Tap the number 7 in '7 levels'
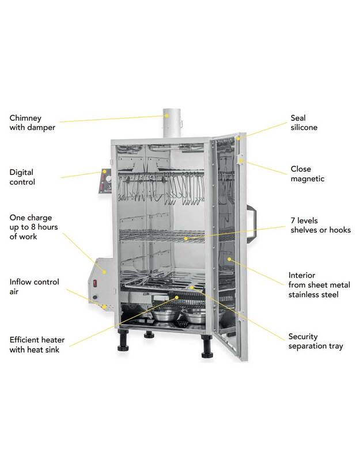point(292,222)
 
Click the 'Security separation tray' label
point(315,341)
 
